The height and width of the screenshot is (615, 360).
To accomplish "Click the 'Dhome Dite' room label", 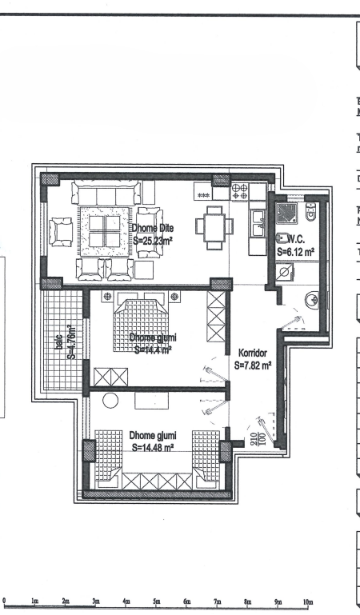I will tap(153, 228).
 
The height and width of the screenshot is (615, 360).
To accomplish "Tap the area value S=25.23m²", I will tap(153, 239).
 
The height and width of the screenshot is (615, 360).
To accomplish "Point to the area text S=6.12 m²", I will tap(295, 250).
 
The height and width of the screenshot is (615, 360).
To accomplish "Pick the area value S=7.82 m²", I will tap(254, 365).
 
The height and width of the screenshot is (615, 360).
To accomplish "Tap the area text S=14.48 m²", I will tap(157, 447).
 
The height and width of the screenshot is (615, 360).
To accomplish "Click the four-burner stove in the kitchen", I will tap(239, 192).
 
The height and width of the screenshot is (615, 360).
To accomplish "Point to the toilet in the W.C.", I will tap(311, 212).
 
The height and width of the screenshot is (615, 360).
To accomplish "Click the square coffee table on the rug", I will tap(104, 232).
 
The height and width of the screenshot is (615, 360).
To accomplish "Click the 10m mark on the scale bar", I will tap(308, 601).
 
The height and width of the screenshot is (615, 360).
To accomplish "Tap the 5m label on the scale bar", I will tap(157, 601).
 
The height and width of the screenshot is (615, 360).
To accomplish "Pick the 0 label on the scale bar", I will tap(5, 601).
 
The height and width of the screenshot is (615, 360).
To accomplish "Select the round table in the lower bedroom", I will tap(110, 400).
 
